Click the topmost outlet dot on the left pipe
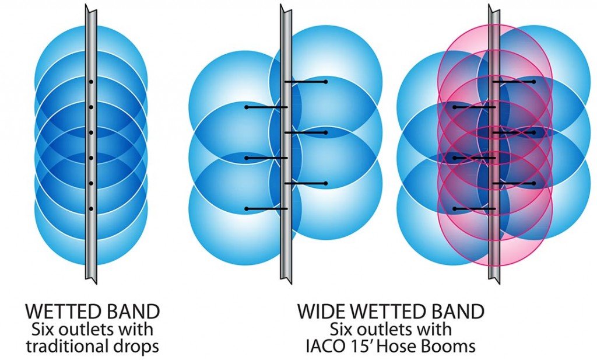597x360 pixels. point(91,82)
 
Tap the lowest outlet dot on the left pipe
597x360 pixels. point(91,208)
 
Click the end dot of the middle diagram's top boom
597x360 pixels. point(325,82)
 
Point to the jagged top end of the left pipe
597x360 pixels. point(90,8)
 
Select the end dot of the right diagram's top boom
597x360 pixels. point(533,82)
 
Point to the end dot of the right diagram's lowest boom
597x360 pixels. point(455,208)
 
